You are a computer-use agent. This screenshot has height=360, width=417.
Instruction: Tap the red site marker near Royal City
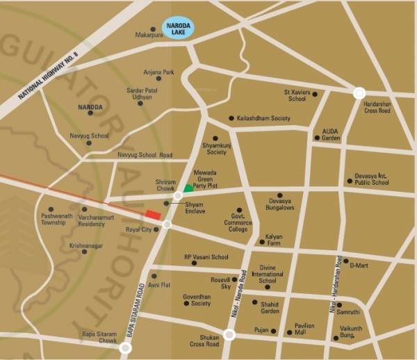click(153, 214)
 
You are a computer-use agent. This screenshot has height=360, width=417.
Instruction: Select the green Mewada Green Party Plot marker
click(188, 188)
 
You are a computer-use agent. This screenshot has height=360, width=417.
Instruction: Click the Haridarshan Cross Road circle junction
click(359, 92)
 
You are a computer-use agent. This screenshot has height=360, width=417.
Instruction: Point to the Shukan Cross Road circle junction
click(230, 335)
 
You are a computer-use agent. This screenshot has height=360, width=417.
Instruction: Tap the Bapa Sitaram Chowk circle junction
click(126, 347)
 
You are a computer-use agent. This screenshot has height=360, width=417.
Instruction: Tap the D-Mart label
click(359, 265)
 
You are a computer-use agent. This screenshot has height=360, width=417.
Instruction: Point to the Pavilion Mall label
click(304, 329)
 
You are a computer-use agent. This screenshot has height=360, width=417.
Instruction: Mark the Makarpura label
click(149, 33)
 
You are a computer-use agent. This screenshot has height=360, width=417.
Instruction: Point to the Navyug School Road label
click(145, 155)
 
